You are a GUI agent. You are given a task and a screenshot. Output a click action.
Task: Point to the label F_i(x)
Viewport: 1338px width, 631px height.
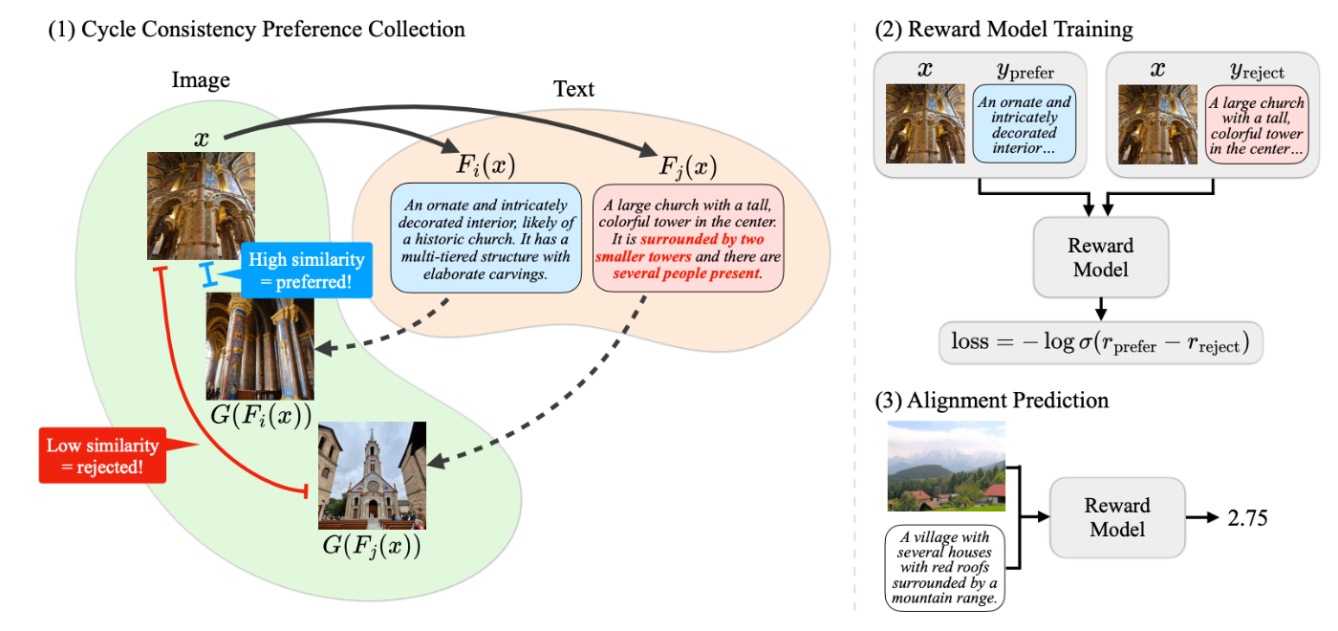[x=486, y=165]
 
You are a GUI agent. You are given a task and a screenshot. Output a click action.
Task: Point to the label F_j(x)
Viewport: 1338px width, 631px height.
[x=688, y=165]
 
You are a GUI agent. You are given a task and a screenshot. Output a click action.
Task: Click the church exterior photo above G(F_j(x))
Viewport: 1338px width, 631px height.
[x=372, y=475]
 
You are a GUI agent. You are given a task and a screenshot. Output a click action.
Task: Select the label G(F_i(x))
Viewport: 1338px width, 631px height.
[x=260, y=418]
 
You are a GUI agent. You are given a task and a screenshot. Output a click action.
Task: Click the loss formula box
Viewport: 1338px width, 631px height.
[x=1100, y=341]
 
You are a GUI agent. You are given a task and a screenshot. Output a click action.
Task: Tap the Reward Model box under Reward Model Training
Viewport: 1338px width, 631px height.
[x=1100, y=256]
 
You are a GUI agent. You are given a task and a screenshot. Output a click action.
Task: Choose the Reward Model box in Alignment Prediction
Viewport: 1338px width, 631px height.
[x=1117, y=517]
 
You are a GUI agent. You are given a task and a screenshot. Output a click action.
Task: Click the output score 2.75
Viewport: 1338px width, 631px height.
[x=1248, y=517]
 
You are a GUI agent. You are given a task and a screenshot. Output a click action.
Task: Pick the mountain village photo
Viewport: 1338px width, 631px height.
[x=946, y=467]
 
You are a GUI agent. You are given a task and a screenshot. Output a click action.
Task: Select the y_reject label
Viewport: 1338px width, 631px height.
[x=1257, y=72]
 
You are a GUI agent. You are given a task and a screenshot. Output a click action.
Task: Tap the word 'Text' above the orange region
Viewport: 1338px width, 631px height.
[x=573, y=90]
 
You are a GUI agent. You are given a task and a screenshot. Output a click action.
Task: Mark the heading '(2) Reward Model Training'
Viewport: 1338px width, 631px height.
[x=1003, y=30]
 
